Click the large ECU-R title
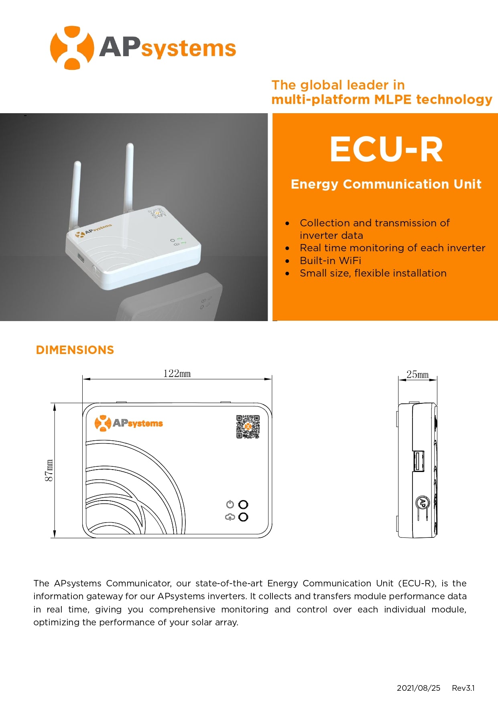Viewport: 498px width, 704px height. coord(386,149)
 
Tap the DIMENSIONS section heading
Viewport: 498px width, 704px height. coord(75,350)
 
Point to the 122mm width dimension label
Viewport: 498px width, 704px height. coord(177,374)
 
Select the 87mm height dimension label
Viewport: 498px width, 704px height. coord(49,470)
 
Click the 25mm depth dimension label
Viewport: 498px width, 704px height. coord(418,374)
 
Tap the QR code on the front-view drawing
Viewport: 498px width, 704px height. coord(248,427)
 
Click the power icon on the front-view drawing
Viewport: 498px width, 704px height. coord(230,504)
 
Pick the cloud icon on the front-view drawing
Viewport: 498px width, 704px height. coord(230,517)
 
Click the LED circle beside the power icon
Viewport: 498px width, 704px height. coord(243,505)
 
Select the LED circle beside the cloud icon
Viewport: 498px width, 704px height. coord(243,517)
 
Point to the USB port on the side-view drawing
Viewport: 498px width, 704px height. coord(419,461)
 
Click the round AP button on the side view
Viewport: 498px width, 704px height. coord(422,503)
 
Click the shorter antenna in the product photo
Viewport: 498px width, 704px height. coord(75,197)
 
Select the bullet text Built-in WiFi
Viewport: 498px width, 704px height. coord(330,260)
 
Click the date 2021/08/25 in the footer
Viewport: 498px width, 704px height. coord(419,688)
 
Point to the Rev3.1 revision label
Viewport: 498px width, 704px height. coord(463,688)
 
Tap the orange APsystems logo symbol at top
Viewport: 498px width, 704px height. coord(72,48)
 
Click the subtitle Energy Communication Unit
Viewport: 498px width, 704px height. coord(386,184)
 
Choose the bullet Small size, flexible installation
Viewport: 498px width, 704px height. coord(373,273)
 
